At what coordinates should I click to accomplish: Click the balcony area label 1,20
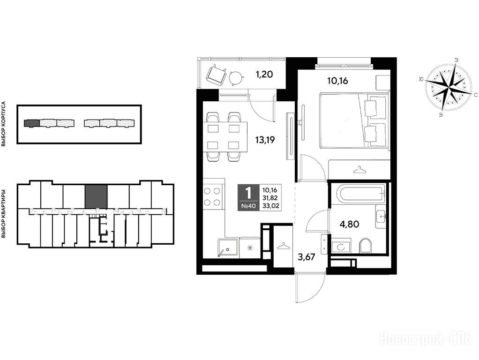[264, 74]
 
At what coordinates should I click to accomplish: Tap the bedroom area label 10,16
[337, 81]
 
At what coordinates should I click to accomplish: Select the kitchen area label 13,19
[265, 140]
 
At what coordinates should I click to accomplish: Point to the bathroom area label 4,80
[350, 225]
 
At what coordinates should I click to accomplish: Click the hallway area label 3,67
[306, 257]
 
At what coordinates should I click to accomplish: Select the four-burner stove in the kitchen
[212, 196]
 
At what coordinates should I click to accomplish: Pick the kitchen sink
[228, 247]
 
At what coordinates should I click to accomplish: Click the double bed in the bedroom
[355, 120]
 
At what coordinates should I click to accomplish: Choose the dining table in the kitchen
[225, 137]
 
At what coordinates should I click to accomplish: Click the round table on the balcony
[236, 77]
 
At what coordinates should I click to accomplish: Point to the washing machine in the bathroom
[341, 246]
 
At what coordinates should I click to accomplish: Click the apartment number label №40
[248, 206]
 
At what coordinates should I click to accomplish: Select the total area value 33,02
[270, 206]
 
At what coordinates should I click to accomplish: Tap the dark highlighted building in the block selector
[32, 123]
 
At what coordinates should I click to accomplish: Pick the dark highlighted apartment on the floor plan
[96, 197]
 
